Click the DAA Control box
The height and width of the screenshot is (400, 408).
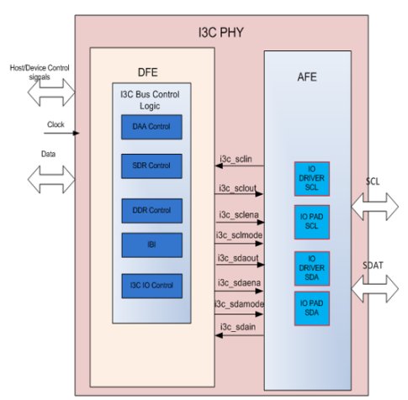point(151,127)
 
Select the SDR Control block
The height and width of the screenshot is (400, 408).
point(151,166)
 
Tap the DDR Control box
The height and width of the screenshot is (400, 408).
point(151,211)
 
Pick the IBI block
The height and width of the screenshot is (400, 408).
point(151,245)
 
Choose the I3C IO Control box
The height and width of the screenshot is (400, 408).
point(151,286)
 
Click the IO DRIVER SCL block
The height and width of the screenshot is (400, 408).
point(312,179)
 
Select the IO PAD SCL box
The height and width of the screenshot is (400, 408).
point(312,222)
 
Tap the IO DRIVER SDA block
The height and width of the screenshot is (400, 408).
point(312,268)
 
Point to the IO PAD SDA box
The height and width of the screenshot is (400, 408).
point(312,308)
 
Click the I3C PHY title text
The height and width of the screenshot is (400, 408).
point(220,33)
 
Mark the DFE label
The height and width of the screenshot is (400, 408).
point(148,72)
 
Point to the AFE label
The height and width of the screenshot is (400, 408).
point(307,77)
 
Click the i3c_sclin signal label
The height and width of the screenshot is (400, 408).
point(236,159)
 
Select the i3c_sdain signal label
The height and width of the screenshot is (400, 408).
point(238,327)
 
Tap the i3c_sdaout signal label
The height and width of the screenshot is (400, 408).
point(238,258)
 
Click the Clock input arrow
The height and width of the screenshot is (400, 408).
point(61,133)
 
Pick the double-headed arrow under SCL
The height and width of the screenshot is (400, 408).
point(374,207)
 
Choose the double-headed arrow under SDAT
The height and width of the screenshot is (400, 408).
point(374,289)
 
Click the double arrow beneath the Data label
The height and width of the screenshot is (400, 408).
point(51,179)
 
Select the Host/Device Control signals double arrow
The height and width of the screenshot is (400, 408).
point(51,92)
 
